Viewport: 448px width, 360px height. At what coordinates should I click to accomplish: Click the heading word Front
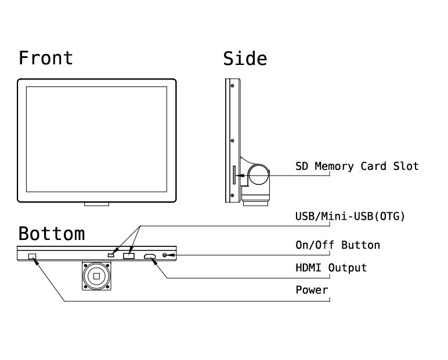tap(46, 58)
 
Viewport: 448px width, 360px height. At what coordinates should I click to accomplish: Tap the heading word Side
tap(245, 58)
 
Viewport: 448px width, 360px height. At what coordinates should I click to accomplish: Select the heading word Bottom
tap(51, 234)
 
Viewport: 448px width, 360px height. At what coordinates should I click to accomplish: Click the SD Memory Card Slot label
tap(356, 166)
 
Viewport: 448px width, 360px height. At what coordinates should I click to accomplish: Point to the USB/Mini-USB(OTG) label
tap(350, 216)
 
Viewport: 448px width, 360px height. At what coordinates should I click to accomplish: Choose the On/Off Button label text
tap(337, 245)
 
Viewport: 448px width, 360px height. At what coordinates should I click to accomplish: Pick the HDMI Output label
tap(331, 268)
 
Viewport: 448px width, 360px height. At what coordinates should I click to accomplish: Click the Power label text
tap(312, 290)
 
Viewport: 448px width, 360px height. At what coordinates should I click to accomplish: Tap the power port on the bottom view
tap(32, 256)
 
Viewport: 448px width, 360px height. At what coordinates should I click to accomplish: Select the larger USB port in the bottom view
tap(128, 255)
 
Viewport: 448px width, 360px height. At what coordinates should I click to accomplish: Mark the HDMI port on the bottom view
tap(150, 256)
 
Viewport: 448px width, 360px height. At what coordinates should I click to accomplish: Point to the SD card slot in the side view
tap(234, 174)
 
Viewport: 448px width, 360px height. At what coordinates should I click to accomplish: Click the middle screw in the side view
tap(232, 140)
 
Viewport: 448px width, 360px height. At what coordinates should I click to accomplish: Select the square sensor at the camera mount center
tap(96, 275)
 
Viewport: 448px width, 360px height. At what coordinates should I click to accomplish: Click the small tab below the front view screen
tap(96, 204)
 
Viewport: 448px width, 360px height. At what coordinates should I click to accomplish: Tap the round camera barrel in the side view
tap(259, 174)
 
